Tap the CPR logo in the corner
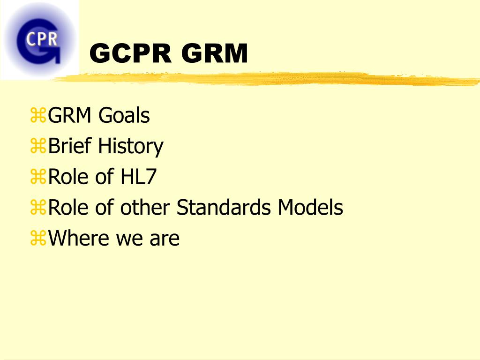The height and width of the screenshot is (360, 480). click(x=40, y=40)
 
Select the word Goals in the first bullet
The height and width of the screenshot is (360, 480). click(x=124, y=116)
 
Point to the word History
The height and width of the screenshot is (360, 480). click(x=130, y=147)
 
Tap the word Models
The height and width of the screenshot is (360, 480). click(x=310, y=207)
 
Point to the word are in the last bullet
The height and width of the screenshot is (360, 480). click(x=165, y=239)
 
